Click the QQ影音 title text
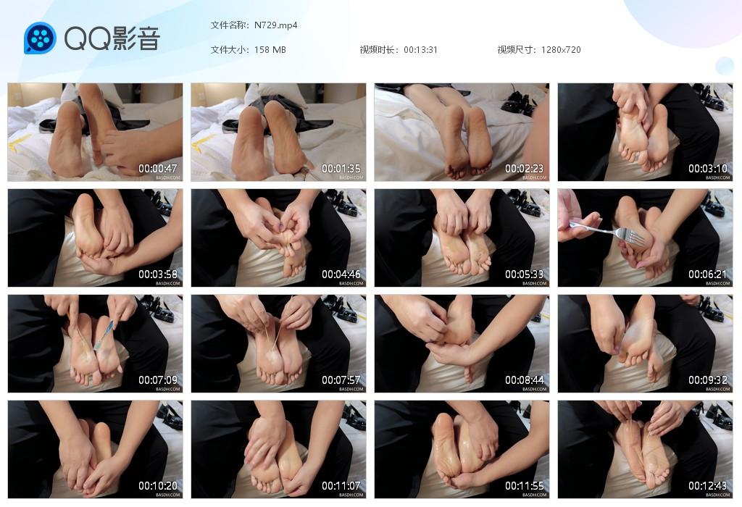(x=112, y=38)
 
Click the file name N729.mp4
(x=276, y=25)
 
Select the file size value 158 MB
(x=270, y=50)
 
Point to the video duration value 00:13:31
(x=420, y=50)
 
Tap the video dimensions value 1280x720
(x=561, y=50)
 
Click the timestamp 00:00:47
(x=158, y=169)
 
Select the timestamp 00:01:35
(x=341, y=169)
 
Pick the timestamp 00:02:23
(x=525, y=169)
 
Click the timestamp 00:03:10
(x=708, y=169)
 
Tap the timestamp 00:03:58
(x=158, y=275)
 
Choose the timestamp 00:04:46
(x=341, y=275)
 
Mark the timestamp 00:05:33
(x=525, y=275)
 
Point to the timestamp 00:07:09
(x=158, y=380)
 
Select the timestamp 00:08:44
(x=525, y=380)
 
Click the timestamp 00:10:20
(x=158, y=486)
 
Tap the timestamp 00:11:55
(x=525, y=486)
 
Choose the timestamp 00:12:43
(x=708, y=486)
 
